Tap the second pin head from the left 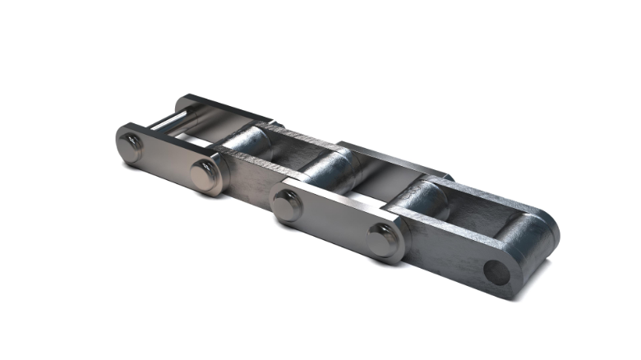(204, 173)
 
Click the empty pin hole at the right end (495, 271)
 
